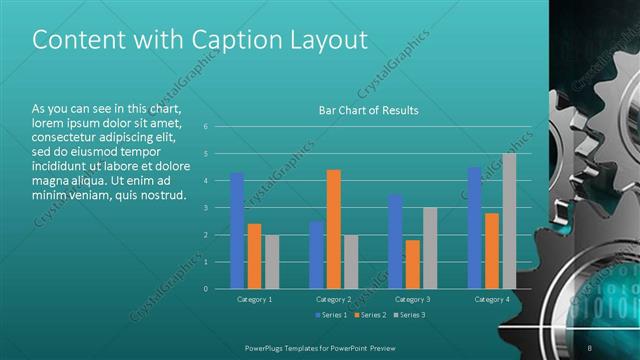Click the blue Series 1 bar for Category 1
(x=237, y=231)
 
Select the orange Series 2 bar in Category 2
(x=334, y=229)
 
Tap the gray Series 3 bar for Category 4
(x=509, y=221)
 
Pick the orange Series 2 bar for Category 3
(x=413, y=264)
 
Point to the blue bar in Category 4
(x=474, y=228)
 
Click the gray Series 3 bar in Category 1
(x=272, y=262)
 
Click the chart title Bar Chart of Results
(x=368, y=110)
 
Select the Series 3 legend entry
(x=407, y=316)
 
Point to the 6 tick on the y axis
(x=205, y=126)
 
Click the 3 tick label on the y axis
(x=205, y=208)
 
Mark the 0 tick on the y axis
(x=205, y=289)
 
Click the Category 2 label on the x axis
(x=334, y=299)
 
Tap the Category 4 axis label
(x=491, y=299)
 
